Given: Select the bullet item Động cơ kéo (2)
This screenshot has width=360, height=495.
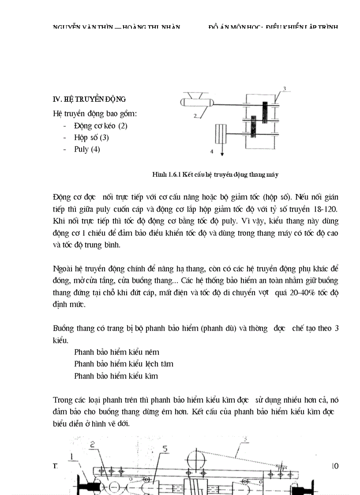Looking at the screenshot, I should click(x=101, y=126).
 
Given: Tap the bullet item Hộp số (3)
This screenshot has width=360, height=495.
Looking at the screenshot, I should click(x=91, y=138).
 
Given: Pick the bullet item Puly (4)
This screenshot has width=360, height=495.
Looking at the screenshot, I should click(x=87, y=149).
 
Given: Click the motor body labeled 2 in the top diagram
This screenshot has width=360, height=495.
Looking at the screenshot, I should click(x=197, y=103).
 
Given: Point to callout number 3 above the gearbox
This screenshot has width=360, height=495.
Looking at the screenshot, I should click(x=285, y=89).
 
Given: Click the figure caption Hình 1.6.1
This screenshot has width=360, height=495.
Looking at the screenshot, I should click(x=215, y=175).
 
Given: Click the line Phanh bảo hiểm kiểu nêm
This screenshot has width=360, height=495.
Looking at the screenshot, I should click(x=116, y=352).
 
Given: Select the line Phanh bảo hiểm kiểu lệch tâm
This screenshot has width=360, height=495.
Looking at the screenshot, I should click(x=124, y=364).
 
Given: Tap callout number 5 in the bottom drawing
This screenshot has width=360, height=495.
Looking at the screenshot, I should click(x=165, y=449).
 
